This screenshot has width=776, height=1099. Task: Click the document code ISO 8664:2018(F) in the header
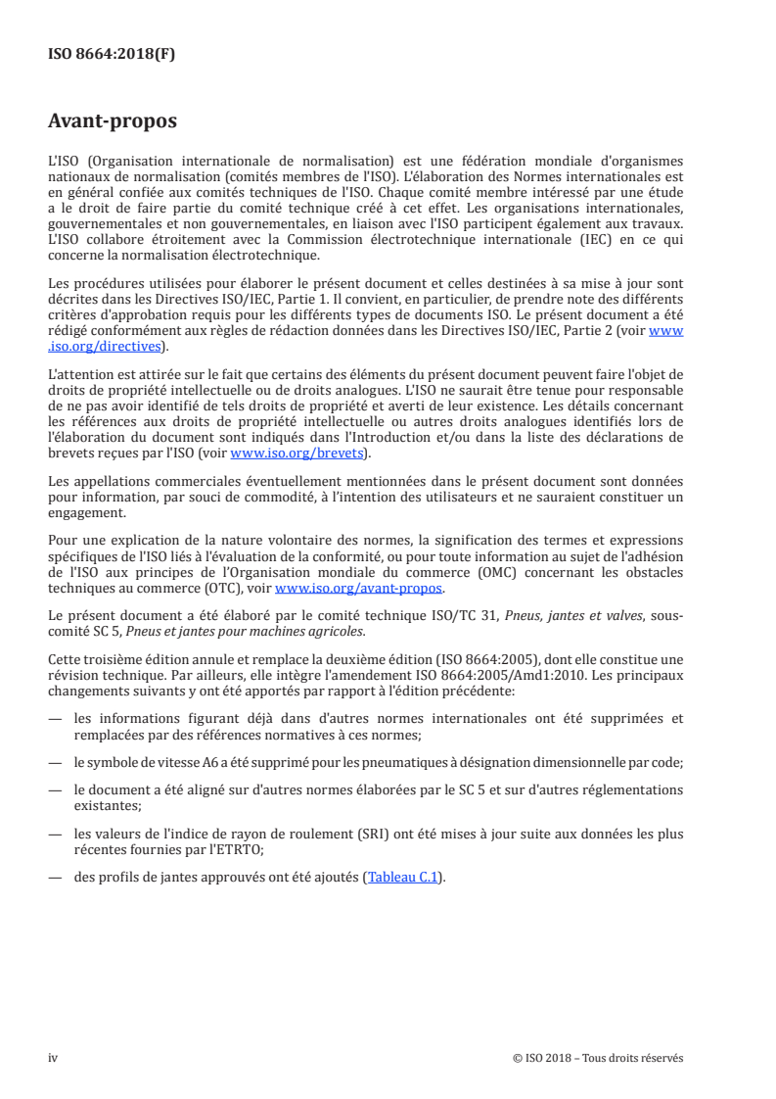point(112,54)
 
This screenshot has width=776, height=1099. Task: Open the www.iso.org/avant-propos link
point(359,589)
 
